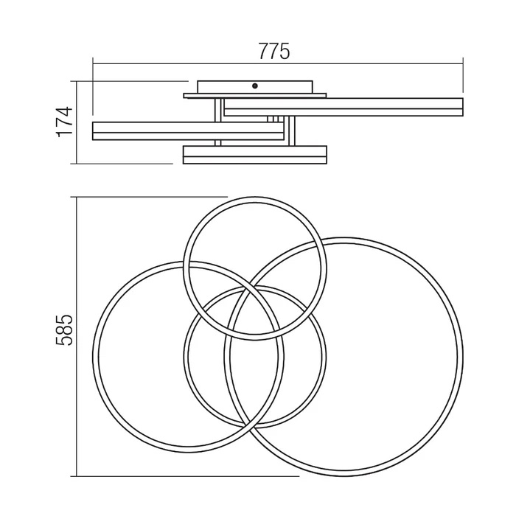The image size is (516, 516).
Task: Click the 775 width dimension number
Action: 274,51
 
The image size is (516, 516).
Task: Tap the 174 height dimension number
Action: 65,122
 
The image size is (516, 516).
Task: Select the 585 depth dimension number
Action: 64,330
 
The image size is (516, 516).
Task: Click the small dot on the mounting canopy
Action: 254,86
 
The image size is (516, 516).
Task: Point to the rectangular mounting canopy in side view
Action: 255,87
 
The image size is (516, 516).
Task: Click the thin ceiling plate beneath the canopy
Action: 255,96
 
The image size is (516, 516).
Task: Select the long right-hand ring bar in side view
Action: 344,107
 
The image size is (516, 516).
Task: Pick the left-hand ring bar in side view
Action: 188,131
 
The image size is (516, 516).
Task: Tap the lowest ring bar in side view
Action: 255,155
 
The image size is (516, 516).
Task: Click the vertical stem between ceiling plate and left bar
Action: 217,111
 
